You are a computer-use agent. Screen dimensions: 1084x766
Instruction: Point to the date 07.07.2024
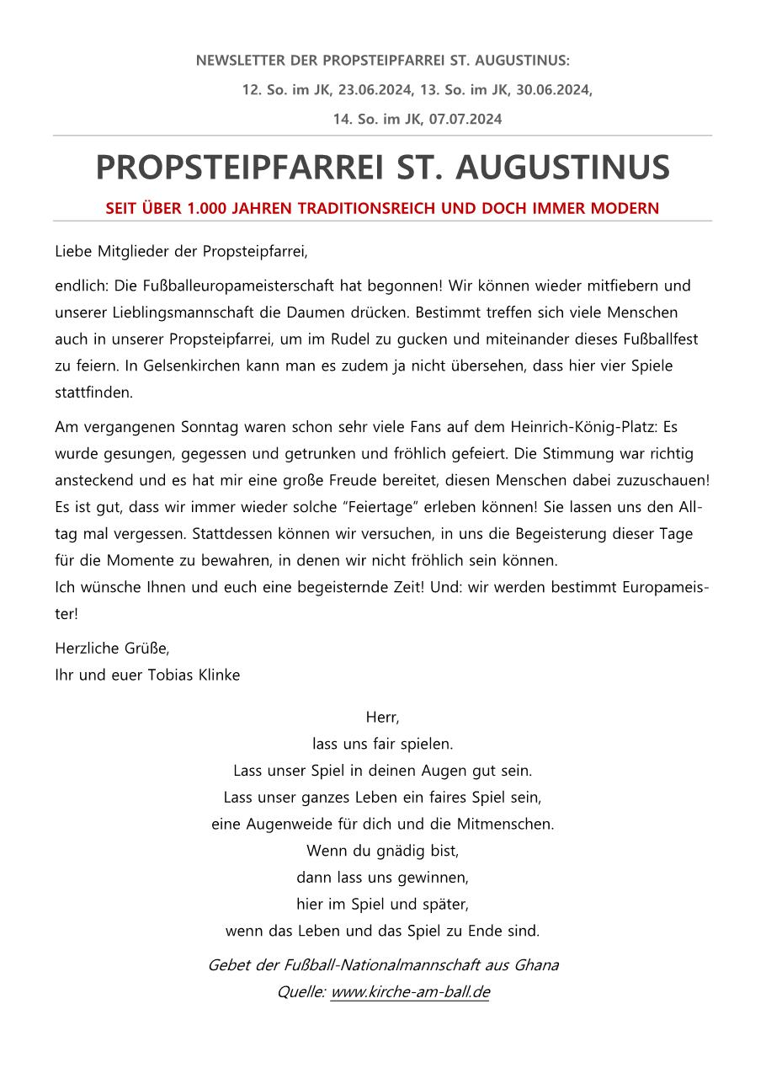tap(465, 120)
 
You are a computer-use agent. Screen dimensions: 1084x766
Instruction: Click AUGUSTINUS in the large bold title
tap(563, 168)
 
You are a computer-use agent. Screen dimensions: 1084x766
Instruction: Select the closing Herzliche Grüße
tap(112, 648)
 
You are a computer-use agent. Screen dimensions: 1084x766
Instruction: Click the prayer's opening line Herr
tap(382, 718)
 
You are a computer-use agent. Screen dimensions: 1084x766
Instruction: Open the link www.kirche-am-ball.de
tap(410, 992)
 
